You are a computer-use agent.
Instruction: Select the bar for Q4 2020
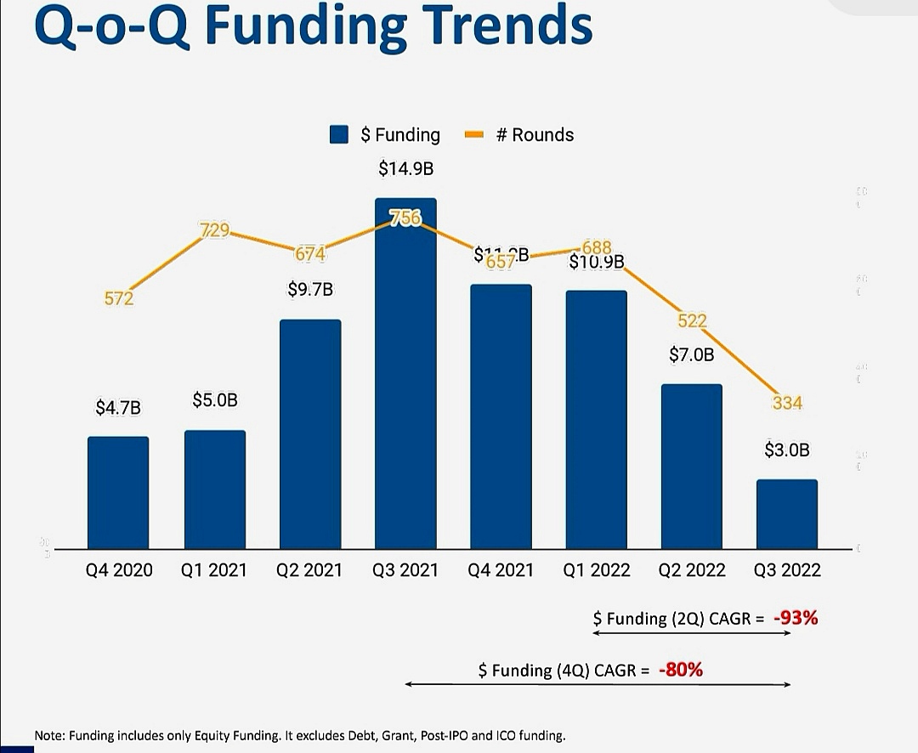pyautogui.click(x=118, y=493)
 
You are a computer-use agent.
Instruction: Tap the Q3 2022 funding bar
pyautogui.click(x=787, y=514)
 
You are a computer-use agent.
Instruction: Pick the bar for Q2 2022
pyautogui.click(x=691, y=467)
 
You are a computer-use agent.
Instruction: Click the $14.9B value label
pyautogui.click(x=405, y=169)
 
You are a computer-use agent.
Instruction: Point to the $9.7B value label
pyautogui.click(x=310, y=290)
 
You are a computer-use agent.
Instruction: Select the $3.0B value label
pyautogui.click(x=787, y=450)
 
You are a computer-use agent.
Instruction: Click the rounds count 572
pyautogui.click(x=119, y=298)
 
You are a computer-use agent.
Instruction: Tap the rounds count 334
pyautogui.click(x=787, y=403)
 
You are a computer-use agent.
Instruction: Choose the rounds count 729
pyautogui.click(x=213, y=229)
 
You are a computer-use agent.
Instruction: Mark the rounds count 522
pyautogui.click(x=692, y=320)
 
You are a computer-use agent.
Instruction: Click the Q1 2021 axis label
pyautogui.click(x=214, y=570)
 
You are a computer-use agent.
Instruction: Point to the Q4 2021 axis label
pyautogui.click(x=501, y=570)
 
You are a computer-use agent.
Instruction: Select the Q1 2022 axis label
pyautogui.click(x=597, y=570)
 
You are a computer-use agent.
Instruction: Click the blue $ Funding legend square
pyautogui.click(x=341, y=135)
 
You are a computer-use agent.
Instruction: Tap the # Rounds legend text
pyautogui.click(x=535, y=135)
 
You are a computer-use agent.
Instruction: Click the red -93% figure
pyautogui.click(x=796, y=618)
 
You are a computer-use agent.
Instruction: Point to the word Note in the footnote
pyautogui.click(x=49, y=734)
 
